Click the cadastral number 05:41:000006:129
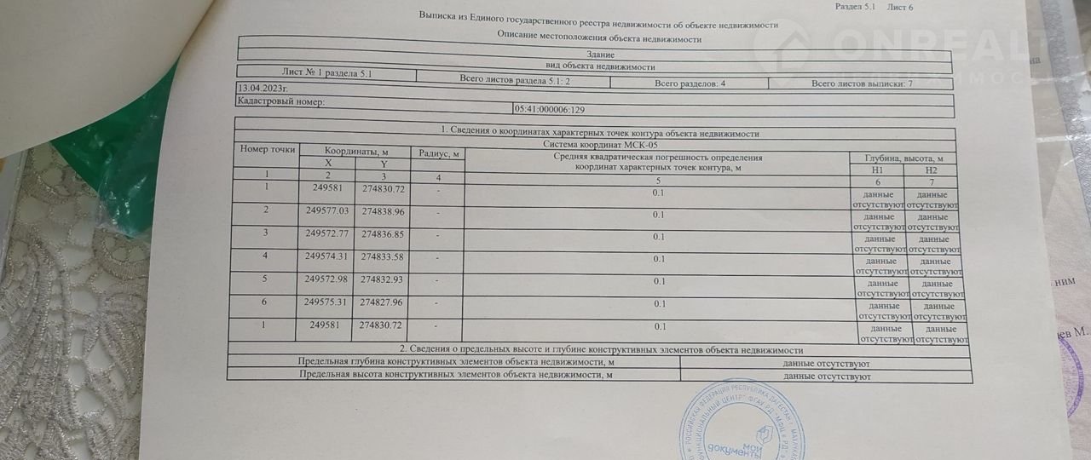[x=550, y=110]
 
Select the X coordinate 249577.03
[x=327, y=210]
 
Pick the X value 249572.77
[x=327, y=233]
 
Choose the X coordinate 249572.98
[x=326, y=279]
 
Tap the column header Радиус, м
[x=438, y=153]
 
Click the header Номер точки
[x=268, y=149]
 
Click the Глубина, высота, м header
[x=903, y=158]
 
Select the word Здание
[x=600, y=54]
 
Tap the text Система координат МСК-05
[x=600, y=144]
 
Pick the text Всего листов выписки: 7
[x=862, y=84]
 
